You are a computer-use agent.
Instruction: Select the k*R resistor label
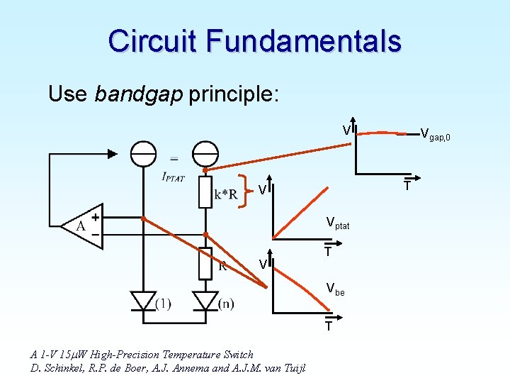(226, 194)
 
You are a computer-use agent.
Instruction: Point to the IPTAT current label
(173, 177)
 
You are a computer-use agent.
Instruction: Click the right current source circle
(205, 153)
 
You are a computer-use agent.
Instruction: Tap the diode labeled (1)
(144, 302)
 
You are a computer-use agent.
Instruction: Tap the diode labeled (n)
(205, 302)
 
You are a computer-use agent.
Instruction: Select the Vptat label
(338, 223)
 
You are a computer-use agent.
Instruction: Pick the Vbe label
(335, 289)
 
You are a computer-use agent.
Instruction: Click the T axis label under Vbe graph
(329, 326)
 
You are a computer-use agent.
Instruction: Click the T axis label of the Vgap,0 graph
(408, 186)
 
